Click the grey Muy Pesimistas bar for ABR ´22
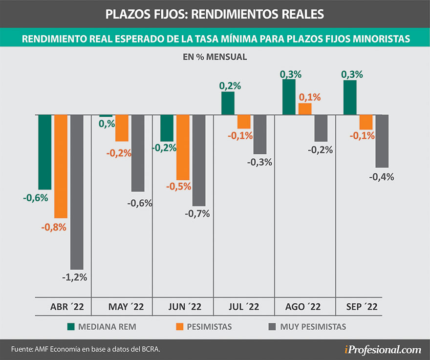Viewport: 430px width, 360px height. (x=77, y=191)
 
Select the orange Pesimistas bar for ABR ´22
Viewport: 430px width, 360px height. (x=61, y=166)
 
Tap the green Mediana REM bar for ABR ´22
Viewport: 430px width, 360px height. (x=45, y=152)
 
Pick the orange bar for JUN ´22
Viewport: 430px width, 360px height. (x=183, y=147)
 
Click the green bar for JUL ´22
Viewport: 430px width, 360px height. (x=228, y=103)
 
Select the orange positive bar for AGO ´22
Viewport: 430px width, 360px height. (x=304, y=109)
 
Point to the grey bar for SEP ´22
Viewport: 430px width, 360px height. (x=382, y=141)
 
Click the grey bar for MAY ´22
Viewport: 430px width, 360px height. (x=138, y=153)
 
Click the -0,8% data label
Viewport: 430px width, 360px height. (x=54, y=227)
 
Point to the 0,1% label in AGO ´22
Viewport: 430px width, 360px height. (x=309, y=97)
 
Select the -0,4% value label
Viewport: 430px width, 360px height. (x=382, y=177)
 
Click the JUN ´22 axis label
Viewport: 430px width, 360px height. (x=183, y=307)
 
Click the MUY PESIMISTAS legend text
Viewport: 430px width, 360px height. (x=313, y=326)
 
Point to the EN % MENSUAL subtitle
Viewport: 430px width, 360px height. (x=215, y=57)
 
